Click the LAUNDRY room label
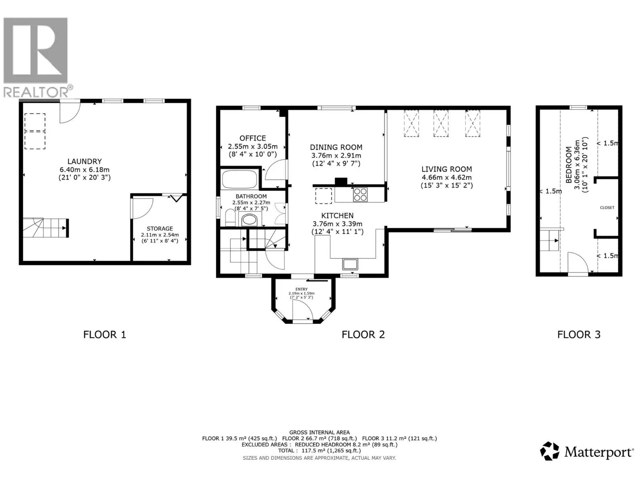pos(85,161)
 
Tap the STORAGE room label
pos(160,228)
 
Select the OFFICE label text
pos(253,138)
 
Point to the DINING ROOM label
pos(336,147)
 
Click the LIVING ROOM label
pos(447,169)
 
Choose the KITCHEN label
pos(337,216)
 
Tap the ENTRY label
pos(301,289)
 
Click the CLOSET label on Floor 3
pos(607,208)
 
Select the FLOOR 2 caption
pos(363,334)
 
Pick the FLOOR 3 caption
pos(579,334)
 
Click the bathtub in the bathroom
pos(240,179)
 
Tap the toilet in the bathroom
pos(230,217)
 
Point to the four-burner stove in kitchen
pos(360,194)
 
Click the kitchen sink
pos(350,264)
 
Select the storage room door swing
pos(143,208)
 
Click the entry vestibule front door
pos(302,310)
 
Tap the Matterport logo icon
pos(550,451)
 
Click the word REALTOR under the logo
pos(36,92)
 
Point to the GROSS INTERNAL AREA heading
pos(319,432)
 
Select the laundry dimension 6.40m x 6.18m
pos(85,170)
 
